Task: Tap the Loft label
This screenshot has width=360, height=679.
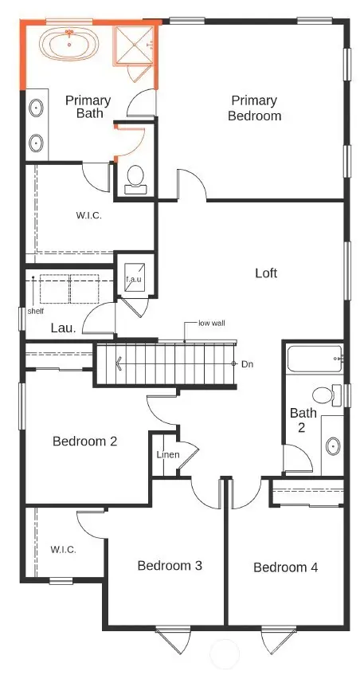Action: (266, 273)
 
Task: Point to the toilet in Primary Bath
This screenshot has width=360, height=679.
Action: (135, 177)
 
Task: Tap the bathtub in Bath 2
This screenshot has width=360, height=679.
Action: (314, 360)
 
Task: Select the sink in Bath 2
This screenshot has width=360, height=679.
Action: (333, 445)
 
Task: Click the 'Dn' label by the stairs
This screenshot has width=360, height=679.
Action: (246, 363)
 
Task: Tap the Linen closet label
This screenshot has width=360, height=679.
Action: (167, 455)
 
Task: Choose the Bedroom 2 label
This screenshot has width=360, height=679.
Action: (85, 441)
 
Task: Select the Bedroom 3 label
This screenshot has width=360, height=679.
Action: (170, 565)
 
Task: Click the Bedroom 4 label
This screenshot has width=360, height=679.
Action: (286, 567)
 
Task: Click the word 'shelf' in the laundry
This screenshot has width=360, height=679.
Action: (36, 312)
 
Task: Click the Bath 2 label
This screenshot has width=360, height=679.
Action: (303, 420)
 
